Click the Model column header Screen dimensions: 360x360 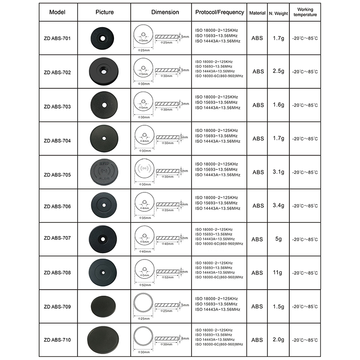58,13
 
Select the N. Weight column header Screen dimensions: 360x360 278,14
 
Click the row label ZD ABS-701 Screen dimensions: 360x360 58,38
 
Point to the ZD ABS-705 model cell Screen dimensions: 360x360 58,173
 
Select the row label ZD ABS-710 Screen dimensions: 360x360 58,340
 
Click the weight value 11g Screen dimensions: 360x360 278,273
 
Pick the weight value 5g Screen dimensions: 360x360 278,239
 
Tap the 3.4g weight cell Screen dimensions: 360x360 278,206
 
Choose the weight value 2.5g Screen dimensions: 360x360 278,72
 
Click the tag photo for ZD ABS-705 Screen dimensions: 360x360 104,172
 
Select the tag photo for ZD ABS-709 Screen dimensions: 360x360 104,306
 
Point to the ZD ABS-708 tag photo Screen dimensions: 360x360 104,273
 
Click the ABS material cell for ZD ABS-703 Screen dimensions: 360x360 258,105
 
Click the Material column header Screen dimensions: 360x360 258,13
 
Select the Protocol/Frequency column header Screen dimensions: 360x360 220,12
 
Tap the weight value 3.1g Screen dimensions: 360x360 278,172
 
